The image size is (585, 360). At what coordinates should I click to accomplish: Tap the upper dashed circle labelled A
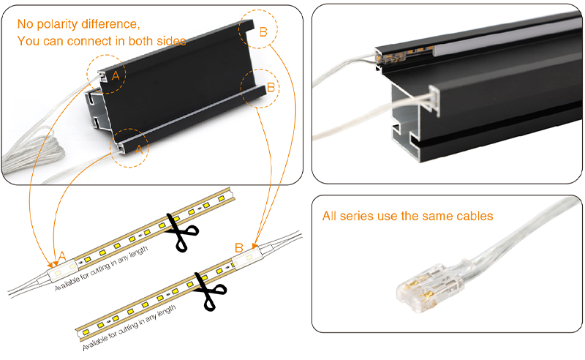(x=107, y=73)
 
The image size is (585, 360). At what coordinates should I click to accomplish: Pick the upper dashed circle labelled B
(x=260, y=30)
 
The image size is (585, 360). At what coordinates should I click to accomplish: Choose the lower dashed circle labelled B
(x=262, y=89)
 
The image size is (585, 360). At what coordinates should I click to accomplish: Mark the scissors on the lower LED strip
(x=210, y=290)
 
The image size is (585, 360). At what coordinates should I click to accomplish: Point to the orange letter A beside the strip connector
(x=62, y=255)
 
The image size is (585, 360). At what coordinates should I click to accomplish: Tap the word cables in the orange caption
(x=473, y=217)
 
